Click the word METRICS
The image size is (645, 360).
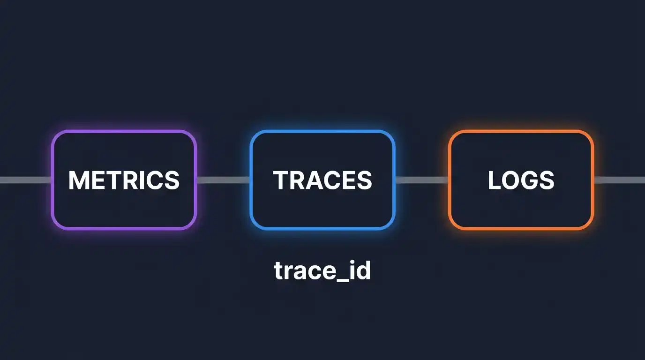(x=124, y=180)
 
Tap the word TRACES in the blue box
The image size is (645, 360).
(x=322, y=180)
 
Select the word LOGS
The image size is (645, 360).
(x=521, y=180)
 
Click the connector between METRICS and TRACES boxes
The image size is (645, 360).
(x=223, y=180)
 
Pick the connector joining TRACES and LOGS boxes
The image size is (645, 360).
(x=421, y=180)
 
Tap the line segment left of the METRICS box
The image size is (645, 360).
(x=25, y=180)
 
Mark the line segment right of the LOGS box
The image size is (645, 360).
(x=619, y=180)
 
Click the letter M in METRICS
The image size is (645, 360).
(x=78, y=180)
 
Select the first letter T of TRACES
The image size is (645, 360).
(x=281, y=180)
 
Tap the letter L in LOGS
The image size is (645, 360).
(x=494, y=180)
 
